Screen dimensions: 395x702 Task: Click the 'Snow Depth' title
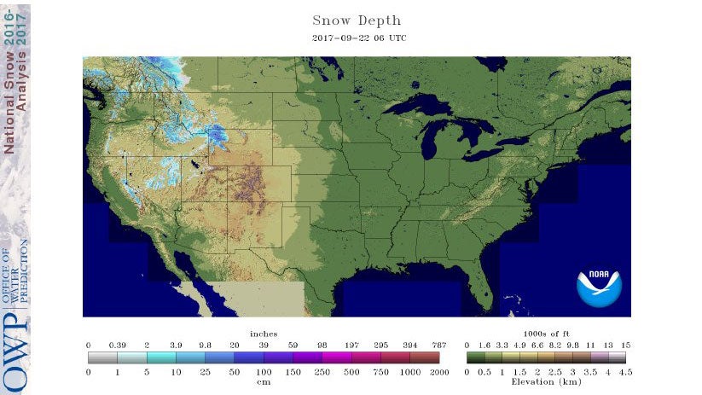(x=356, y=20)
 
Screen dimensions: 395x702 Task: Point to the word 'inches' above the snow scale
(x=263, y=333)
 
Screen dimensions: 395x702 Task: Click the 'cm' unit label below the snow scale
(x=263, y=381)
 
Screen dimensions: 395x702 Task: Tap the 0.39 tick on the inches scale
(x=117, y=344)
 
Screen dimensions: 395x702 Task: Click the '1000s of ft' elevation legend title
(x=545, y=333)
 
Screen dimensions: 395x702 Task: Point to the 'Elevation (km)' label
(x=545, y=381)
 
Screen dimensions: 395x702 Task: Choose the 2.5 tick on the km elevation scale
(x=554, y=372)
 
